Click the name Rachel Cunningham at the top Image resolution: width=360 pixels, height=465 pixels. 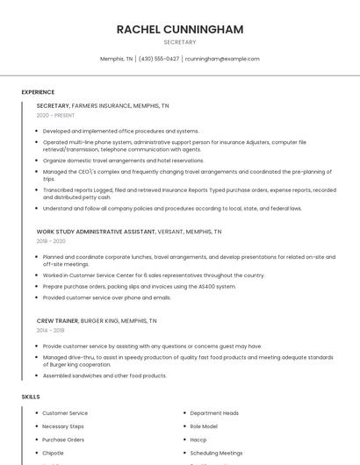tap(179, 29)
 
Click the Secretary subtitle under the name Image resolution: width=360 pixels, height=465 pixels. tap(179, 42)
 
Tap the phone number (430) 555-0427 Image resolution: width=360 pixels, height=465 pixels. tap(159, 59)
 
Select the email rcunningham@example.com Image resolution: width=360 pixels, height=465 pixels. tap(222, 59)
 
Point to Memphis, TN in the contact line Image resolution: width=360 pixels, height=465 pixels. tap(116, 59)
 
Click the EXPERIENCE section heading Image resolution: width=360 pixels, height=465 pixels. tap(38, 92)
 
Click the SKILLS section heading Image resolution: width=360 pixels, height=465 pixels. tap(31, 397)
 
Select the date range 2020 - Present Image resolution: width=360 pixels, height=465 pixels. tap(55, 116)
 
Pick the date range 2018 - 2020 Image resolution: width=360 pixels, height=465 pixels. tap(51, 241)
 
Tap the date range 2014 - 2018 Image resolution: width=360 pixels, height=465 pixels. tap(51, 331)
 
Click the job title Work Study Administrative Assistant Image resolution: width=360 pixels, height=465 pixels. tap(96, 232)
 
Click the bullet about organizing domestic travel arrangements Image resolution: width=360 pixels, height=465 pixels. tap(123, 161)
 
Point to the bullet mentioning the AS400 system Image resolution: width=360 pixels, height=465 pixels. tap(139, 286)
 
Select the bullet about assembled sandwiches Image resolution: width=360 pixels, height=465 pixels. tap(104, 376)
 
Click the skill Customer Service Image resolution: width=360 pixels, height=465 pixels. tap(65, 413)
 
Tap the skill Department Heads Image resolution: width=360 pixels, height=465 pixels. tap(214, 413)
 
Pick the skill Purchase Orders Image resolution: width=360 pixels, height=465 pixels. tap(63, 440)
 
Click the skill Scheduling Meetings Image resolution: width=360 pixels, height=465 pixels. tap(216, 453)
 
